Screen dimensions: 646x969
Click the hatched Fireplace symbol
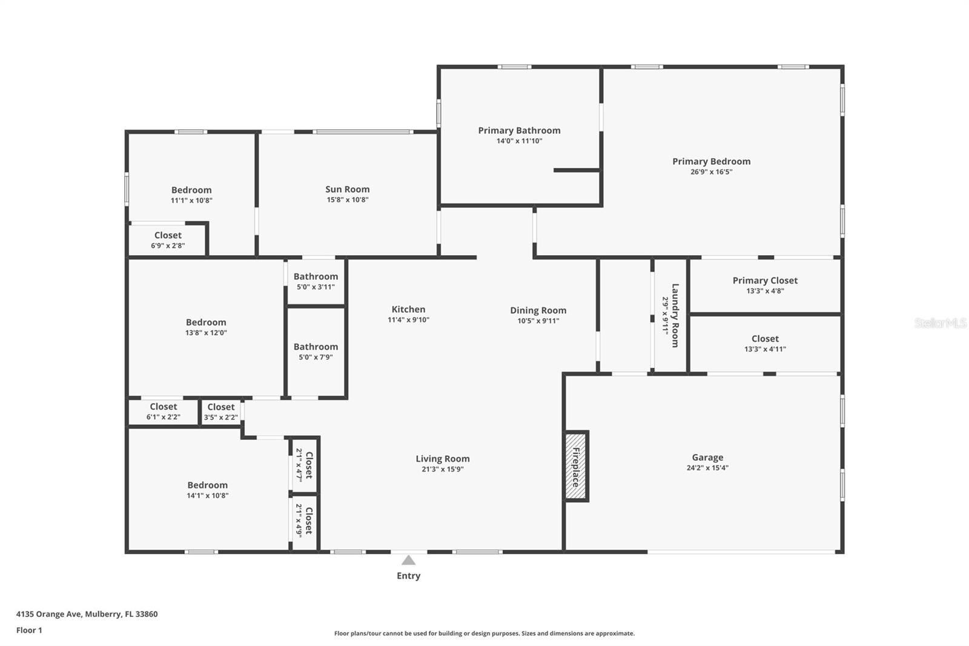(576, 466)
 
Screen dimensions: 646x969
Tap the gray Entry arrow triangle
(409, 561)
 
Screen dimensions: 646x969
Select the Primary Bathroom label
(519, 130)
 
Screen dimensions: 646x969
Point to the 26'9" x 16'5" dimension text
(711, 171)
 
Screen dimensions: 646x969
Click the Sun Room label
(347, 189)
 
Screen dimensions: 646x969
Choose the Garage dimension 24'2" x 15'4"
(707, 468)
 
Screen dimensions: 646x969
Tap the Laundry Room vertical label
(675, 315)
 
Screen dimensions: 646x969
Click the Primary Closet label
(765, 280)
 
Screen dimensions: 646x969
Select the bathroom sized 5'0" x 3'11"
(316, 281)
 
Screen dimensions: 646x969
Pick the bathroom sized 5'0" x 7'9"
(316, 351)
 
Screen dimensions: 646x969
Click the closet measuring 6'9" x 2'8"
(168, 240)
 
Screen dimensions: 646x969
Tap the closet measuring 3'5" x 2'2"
(220, 411)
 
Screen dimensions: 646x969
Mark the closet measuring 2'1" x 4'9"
(304, 521)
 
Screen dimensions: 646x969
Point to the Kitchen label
(408, 309)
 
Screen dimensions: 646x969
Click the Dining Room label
(538, 310)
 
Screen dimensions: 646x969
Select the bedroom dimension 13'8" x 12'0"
(206, 333)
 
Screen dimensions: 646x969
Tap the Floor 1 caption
(29, 630)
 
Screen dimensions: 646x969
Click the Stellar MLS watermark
(940, 323)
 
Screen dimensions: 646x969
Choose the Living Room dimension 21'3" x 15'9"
(442, 469)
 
